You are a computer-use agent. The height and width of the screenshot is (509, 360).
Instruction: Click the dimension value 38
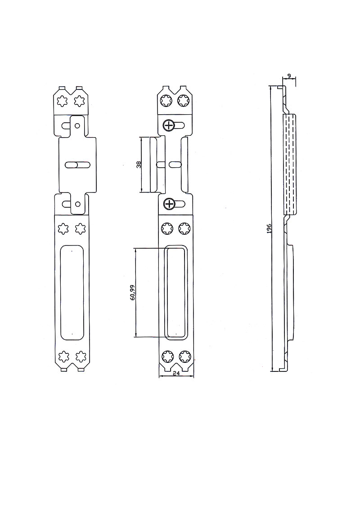(139, 165)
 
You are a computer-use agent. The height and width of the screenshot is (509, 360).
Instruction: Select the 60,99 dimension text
(132, 292)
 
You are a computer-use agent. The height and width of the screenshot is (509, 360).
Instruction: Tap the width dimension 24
(176, 373)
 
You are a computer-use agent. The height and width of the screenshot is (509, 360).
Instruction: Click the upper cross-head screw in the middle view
(169, 125)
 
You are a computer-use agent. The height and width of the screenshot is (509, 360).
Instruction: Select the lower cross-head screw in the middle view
(169, 204)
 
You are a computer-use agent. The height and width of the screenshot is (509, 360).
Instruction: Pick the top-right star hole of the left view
(80, 101)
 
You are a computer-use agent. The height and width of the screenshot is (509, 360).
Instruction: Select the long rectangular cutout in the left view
(72, 292)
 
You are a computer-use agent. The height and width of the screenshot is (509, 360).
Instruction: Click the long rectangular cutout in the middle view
(176, 292)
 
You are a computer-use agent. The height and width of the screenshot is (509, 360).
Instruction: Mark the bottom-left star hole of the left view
(63, 357)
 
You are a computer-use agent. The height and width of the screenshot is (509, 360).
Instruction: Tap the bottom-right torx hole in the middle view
(184, 357)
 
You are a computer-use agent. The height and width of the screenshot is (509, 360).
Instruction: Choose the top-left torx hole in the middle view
(166, 101)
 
